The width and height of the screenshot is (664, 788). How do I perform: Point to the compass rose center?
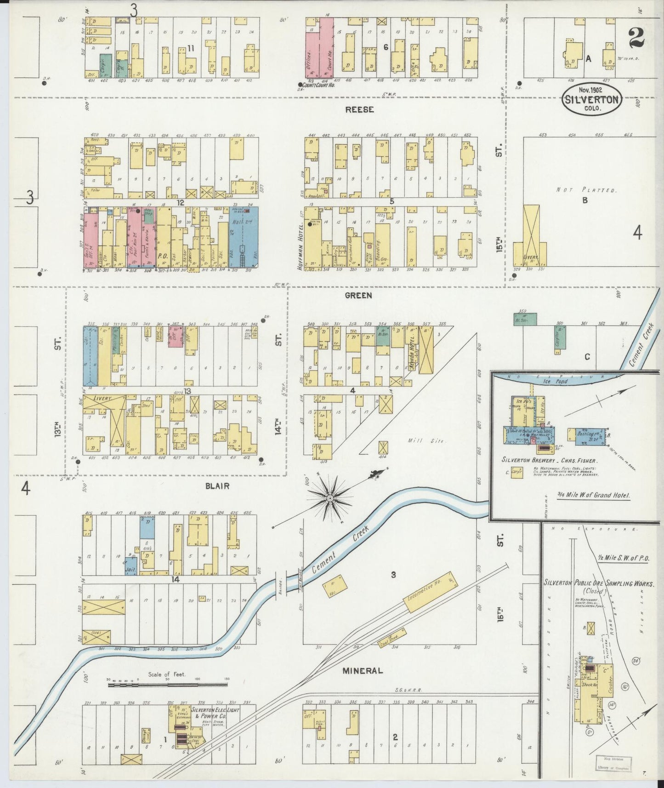pyautogui.click(x=329, y=498)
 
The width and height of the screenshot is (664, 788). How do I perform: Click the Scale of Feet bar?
pyautogui.click(x=168, y=685)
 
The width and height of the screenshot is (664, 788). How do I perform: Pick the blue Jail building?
pyautogui.click(x=131, y=565)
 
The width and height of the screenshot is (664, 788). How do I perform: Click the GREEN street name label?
pyautogui.click(x=358, y=296)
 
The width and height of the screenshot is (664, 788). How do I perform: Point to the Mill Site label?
pyautogui.click(x=433, y=440)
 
